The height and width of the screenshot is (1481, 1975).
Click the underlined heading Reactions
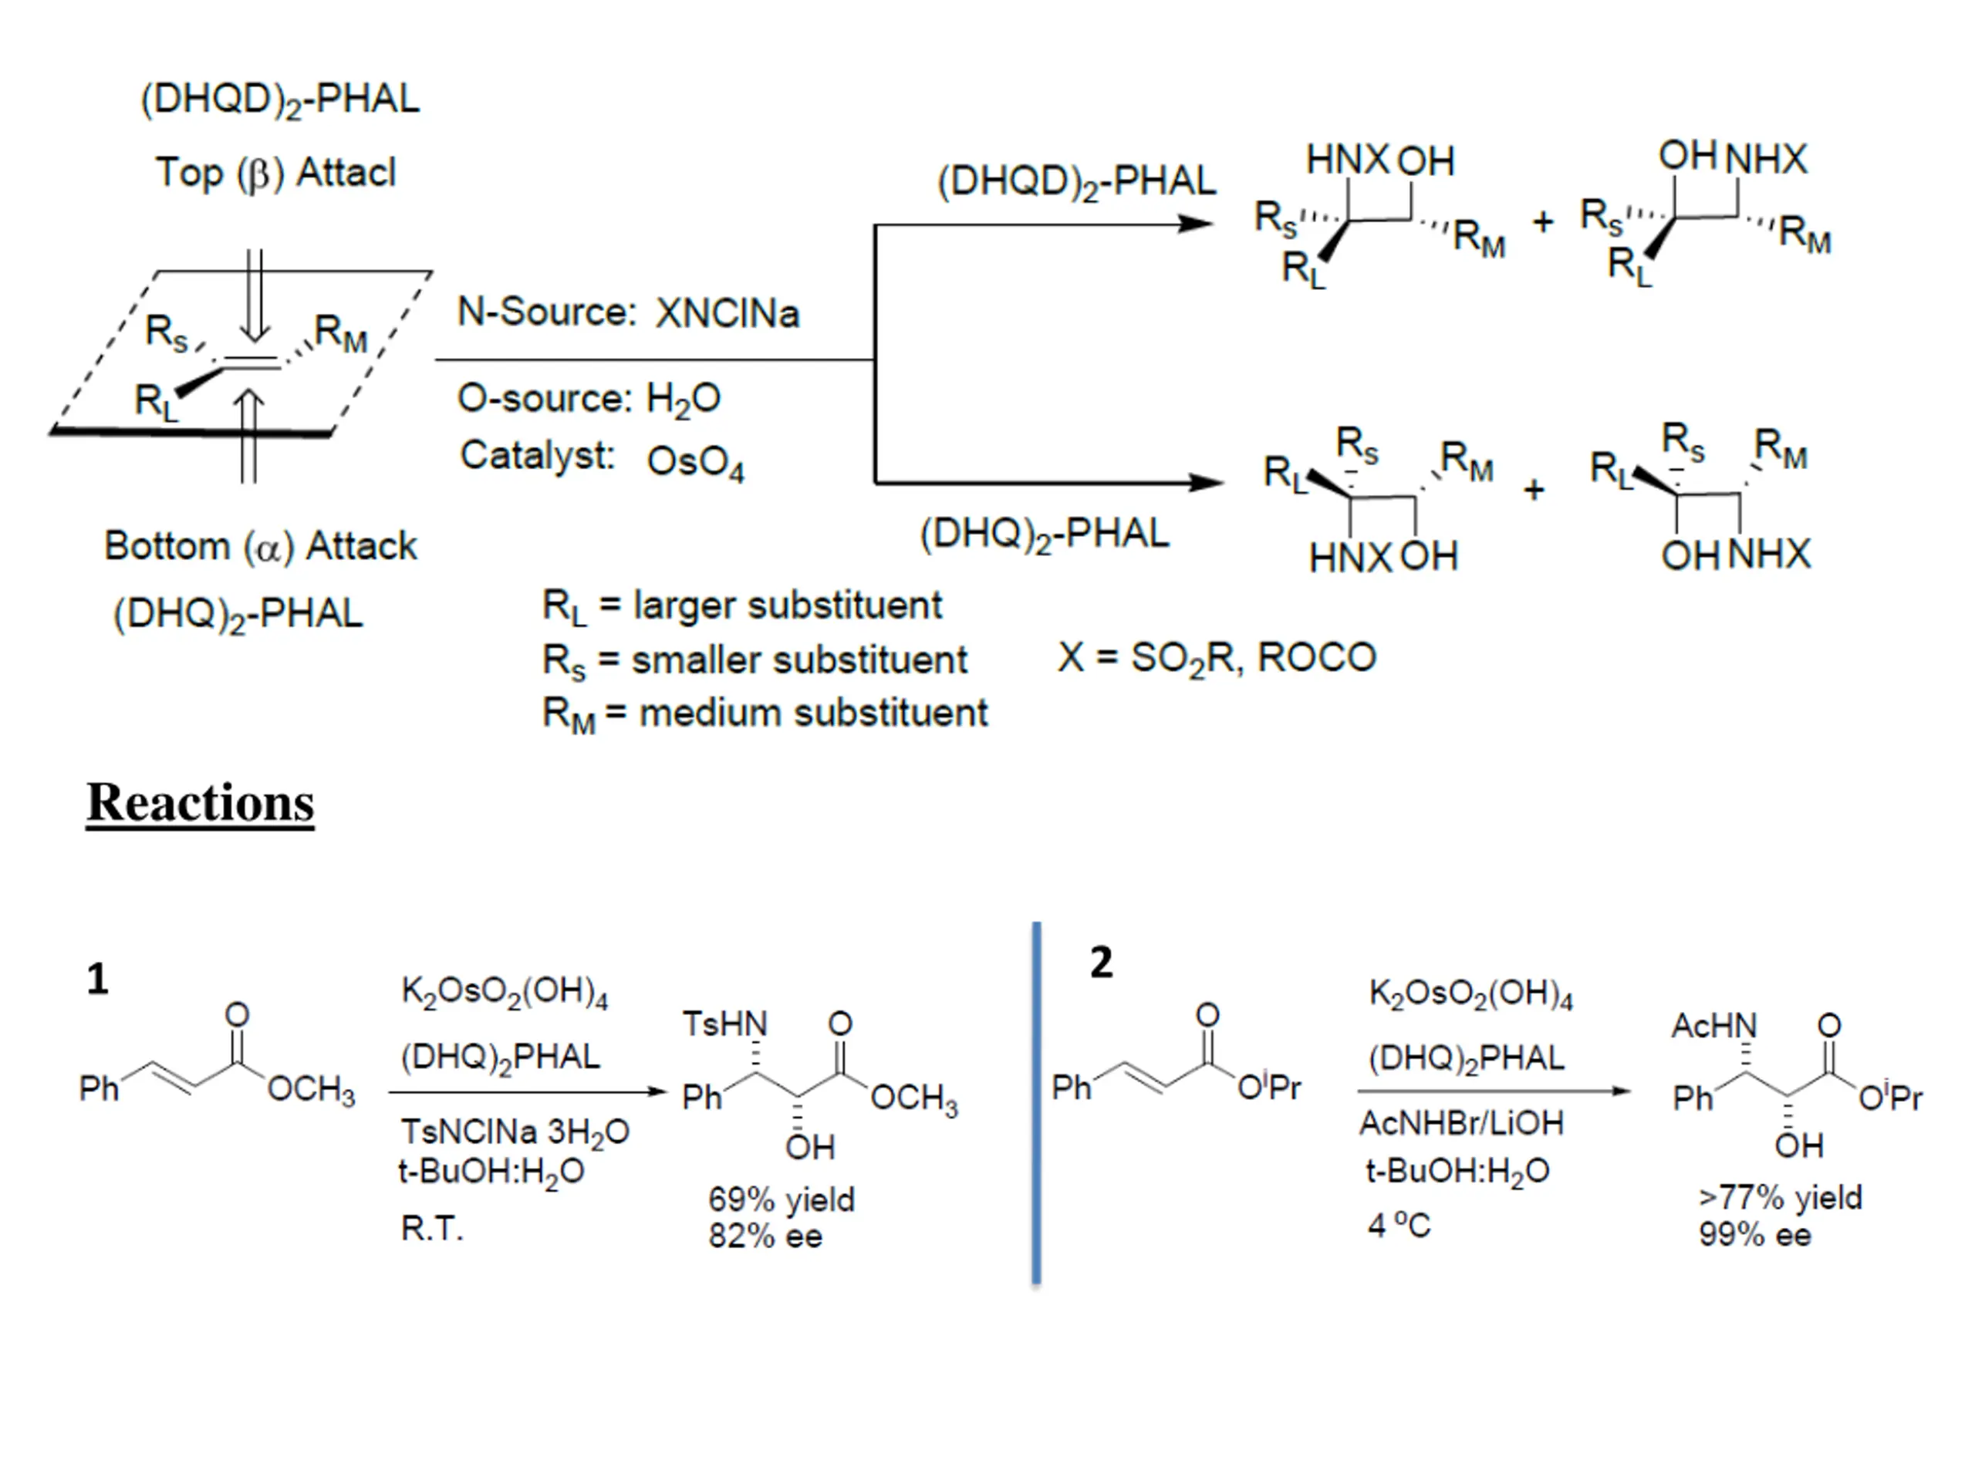point(200,801)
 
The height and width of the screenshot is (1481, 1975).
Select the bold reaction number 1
point(97,980)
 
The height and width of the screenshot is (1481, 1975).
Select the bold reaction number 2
point(1102,963)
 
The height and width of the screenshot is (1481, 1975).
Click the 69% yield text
point(782,1199)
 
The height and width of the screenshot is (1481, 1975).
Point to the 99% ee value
point(1754,1236)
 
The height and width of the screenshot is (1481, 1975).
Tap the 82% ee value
point(765,1236)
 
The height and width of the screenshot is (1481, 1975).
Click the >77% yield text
point(1781,1198)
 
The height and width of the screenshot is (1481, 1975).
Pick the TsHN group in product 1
point(725,1024)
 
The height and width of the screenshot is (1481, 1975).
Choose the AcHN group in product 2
point(1713,1026)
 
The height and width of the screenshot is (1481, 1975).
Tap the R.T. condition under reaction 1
point(432,1230)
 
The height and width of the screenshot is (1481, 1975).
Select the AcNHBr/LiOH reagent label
point(1462,1123)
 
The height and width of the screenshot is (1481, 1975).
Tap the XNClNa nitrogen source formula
point(728,313)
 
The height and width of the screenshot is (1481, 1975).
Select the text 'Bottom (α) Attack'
point(261,546)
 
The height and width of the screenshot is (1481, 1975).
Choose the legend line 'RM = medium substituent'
point(765,714)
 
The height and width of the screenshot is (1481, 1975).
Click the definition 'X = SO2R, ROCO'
point(1217,659)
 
